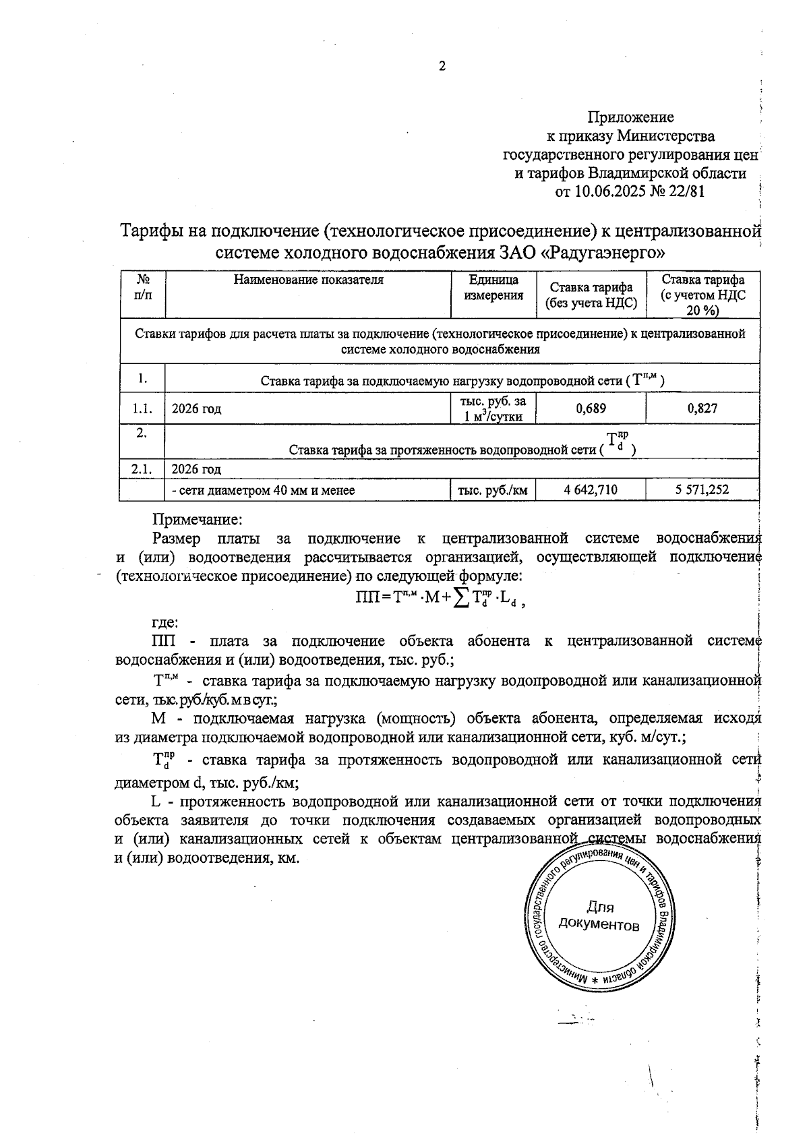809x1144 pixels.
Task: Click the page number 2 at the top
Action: (x=442, y=66)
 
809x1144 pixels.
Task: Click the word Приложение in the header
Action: (x=631, y=117)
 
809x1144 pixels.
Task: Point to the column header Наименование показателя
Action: (x=308, y=280)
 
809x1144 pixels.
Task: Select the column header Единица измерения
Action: (x=493, y=287)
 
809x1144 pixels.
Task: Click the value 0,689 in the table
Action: (x=591, y=408)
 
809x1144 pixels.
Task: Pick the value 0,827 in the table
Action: (x=702, y=408)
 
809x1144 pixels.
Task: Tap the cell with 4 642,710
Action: (x=591, y=490)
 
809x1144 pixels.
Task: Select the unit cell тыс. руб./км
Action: (x=493, y=491)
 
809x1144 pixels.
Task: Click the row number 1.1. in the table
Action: (x=142, y=409)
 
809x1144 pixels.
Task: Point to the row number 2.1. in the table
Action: (x=142, y=469)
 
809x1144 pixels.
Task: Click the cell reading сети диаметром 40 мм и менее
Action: (x=264, y=491)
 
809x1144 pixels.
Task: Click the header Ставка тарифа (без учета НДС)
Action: (x=591, y=295)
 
